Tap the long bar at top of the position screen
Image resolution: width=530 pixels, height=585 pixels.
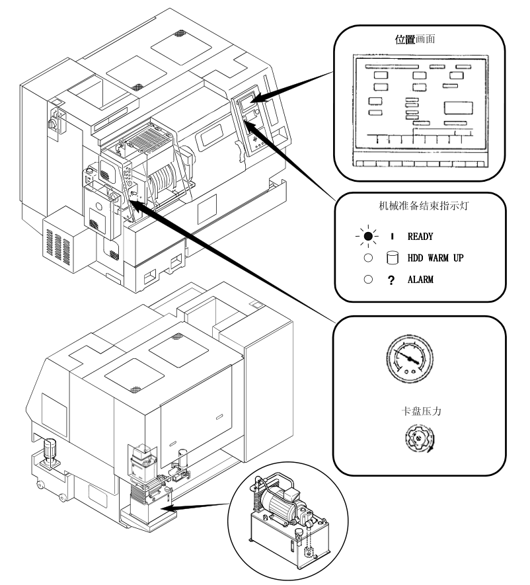pyautogui.click(x=391, y=66)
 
